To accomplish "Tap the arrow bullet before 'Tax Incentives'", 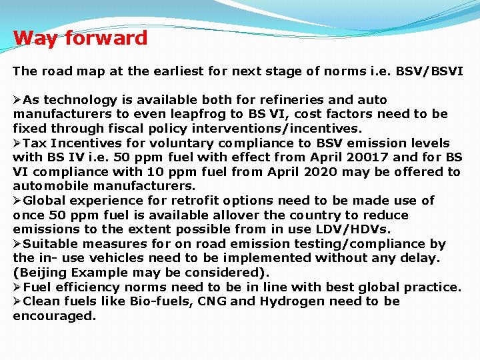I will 17,143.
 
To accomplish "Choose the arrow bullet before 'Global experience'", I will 17,201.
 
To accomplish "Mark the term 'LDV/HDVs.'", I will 356,229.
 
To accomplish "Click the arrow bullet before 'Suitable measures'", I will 17,244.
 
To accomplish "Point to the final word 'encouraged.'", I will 55,316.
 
